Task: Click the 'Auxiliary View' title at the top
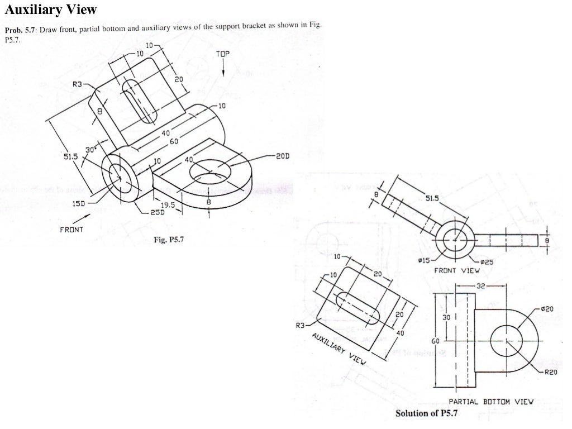[51, 9]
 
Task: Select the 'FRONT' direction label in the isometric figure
[71, 229]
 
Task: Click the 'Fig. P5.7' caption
[174, 240]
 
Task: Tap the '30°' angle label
[90, 150]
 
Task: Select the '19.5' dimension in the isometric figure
[169, 204]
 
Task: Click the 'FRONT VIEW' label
[457, 270]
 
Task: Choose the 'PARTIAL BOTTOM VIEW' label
[492, 401]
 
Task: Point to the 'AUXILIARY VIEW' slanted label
[339, 349]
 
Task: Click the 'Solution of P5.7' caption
[426, 414]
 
